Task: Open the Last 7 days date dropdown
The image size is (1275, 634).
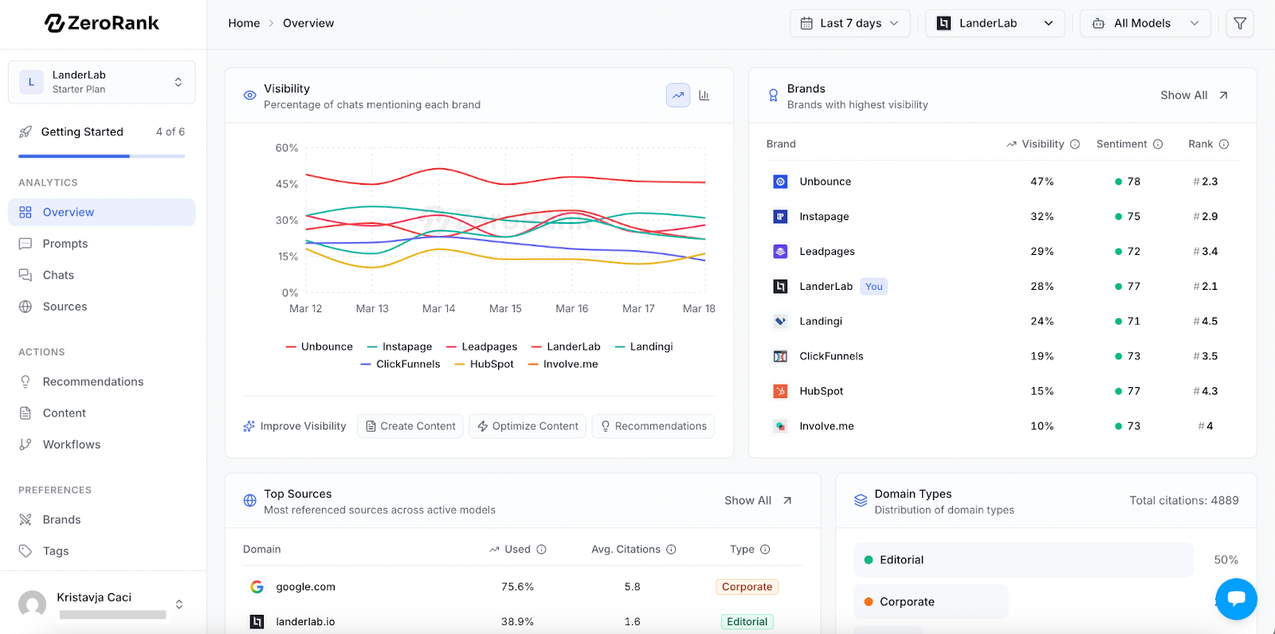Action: tap(849, 23)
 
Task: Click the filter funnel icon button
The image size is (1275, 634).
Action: tap(1240, 23)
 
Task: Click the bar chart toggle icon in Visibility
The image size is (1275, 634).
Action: tap(704, 95)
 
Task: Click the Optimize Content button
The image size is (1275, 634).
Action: tap(528, 426)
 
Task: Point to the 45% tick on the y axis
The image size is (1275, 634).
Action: tap(287, 184)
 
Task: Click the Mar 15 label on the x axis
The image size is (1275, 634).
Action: tap(505, 308)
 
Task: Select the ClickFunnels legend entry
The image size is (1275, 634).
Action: tap(400, 364)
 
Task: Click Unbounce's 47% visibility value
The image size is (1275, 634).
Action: tap(1042, 182)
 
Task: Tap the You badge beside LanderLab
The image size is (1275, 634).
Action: tap(873, 286)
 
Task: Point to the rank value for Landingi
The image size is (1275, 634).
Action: tap(1206, 321)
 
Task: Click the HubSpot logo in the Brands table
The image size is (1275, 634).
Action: tap(780, 391)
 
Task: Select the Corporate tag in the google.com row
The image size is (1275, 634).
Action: tap(747, 587)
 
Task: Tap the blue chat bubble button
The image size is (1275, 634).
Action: tap(1236, 599)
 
